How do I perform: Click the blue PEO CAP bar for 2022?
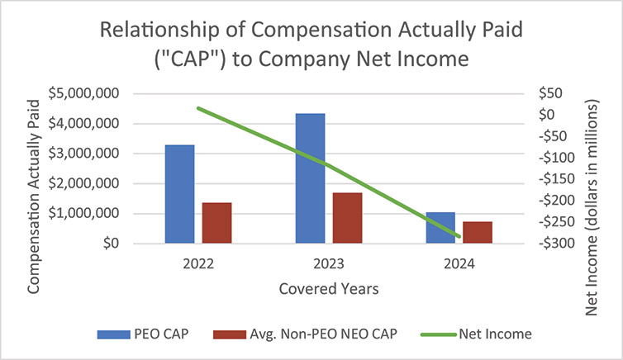[x=180, y=194]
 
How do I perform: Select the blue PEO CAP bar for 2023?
[x=311, y=178]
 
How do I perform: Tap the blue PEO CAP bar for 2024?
[x=440, y=228]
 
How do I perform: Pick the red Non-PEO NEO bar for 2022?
[x=216, y=223]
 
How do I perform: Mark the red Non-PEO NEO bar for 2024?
[x=477, y=232]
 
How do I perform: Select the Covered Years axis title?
[x=329, y=289]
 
